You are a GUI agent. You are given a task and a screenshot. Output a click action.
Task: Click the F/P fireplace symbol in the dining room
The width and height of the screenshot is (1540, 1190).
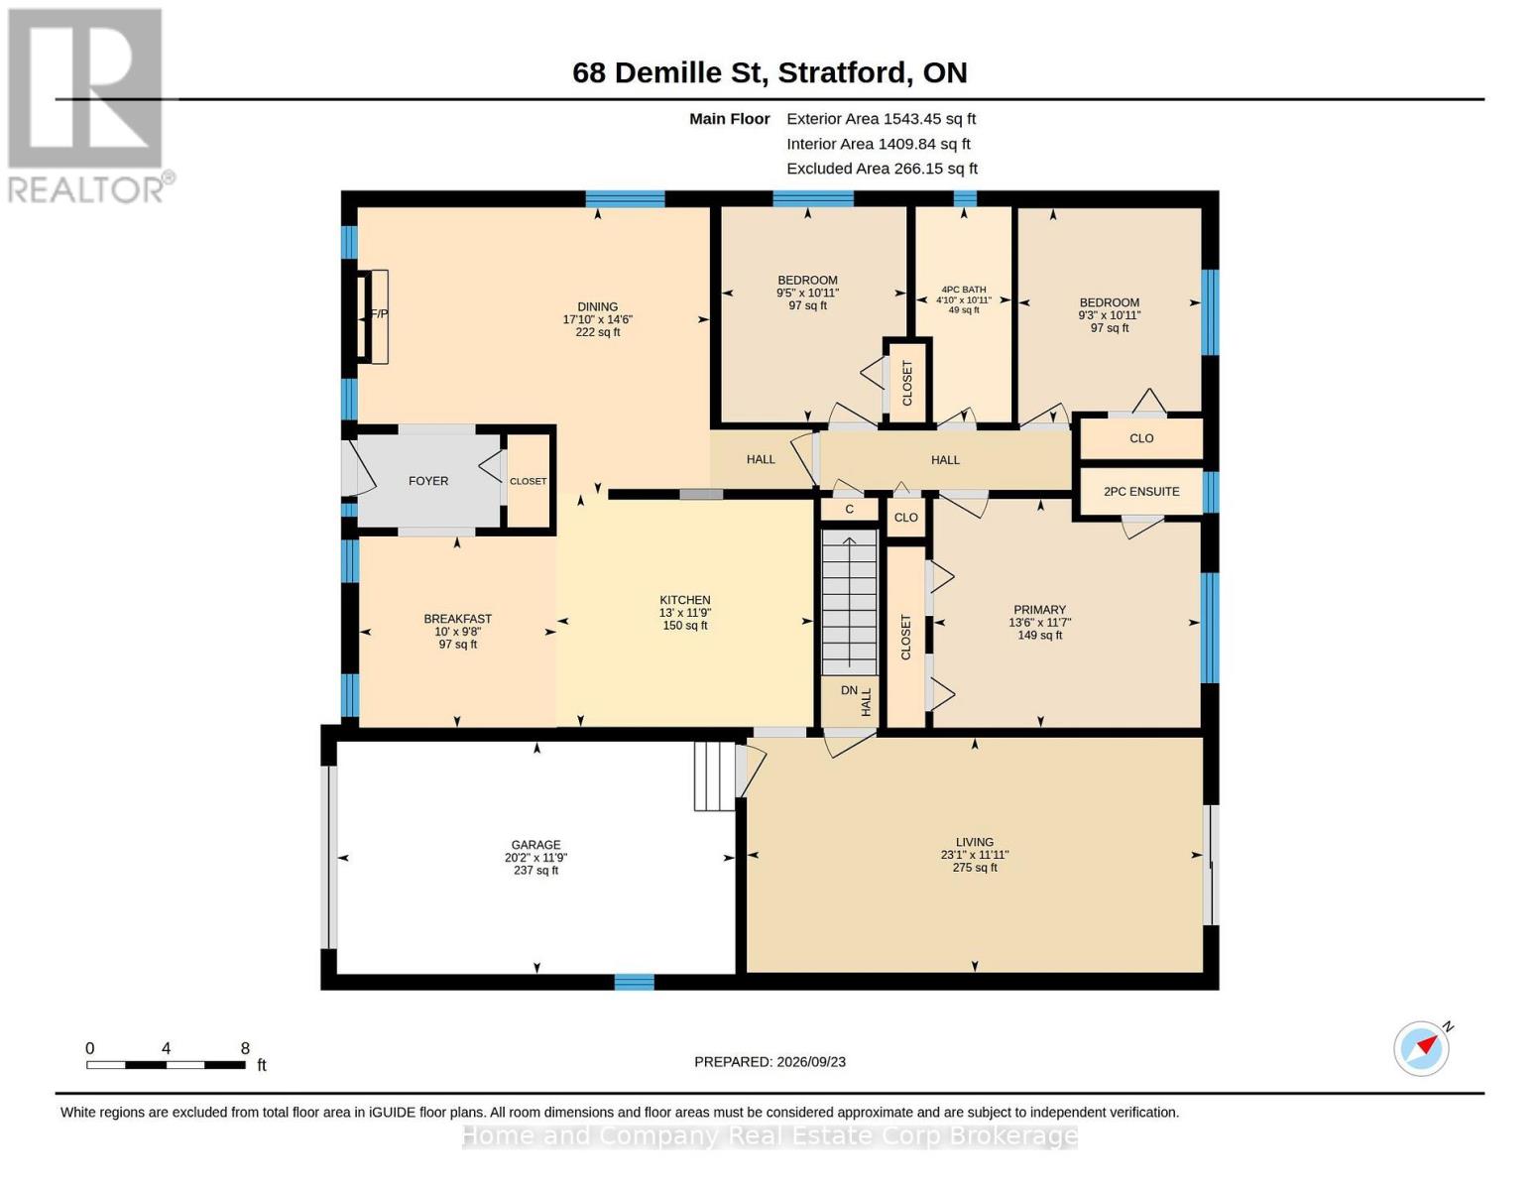pos(372,316)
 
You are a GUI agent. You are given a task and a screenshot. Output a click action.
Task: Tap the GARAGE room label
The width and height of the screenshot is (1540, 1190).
pos(535,845)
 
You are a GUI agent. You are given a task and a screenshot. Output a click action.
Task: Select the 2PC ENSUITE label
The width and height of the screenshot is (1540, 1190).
pos(1141,491)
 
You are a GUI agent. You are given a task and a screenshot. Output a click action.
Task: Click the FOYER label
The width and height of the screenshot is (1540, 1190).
pos(428,481)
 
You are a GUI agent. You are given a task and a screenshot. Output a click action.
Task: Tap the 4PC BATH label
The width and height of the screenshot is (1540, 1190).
pos(964,290)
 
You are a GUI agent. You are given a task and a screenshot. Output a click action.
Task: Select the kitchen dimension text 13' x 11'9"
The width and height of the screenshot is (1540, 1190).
pos(684,613)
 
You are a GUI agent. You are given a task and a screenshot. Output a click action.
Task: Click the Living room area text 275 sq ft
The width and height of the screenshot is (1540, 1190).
pos(975,868)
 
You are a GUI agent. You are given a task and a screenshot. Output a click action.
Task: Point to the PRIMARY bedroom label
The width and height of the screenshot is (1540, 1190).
pos(1039,610)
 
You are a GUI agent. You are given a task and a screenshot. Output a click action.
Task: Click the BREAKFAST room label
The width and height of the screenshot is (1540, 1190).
pos(458,619)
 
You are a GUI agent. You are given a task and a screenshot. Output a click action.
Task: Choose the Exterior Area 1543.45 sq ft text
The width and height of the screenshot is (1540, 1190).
pos(881,119)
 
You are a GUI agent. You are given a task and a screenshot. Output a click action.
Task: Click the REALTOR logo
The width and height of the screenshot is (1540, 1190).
pos(87,105)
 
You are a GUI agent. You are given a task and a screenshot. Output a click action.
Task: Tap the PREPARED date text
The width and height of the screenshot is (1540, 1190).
pos(770,1062)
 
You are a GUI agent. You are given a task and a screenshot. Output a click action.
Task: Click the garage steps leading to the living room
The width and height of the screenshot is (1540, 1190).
pos(714,775)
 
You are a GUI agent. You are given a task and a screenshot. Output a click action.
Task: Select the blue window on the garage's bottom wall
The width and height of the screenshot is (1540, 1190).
pos(634,982)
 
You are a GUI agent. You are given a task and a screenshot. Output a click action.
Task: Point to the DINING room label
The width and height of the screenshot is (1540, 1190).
pos(597,306)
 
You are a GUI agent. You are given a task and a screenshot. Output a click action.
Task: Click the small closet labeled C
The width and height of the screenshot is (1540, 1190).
pos(849,510)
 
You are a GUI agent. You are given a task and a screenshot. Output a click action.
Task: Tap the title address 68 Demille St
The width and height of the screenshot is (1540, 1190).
pos(669,73)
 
